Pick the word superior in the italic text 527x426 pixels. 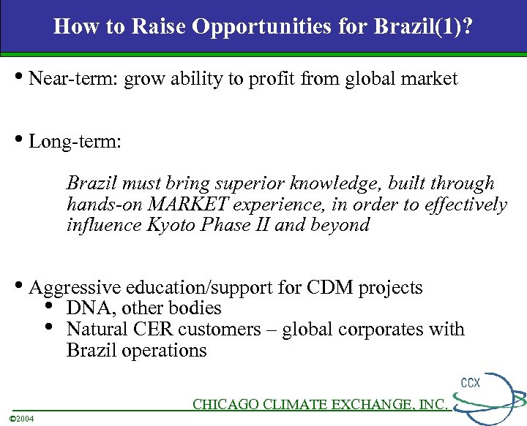[250, 183]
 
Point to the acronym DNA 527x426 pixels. [86, 308]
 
